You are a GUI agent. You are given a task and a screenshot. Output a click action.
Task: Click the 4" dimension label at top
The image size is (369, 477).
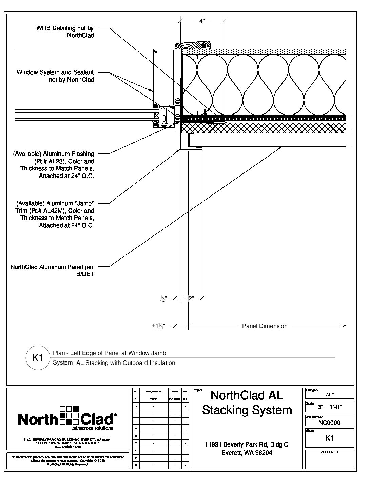click(202, 21)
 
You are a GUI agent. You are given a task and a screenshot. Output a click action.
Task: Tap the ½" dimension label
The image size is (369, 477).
click(163, 299)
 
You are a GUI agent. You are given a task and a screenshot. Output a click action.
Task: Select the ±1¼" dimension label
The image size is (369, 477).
click(158, 326)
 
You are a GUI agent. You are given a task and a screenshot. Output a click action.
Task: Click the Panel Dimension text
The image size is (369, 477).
click(265, 326)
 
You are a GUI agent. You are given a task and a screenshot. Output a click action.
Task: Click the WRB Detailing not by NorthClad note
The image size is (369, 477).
click(65, 32)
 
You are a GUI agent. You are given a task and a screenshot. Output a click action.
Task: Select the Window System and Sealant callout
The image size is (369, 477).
click(55, 76)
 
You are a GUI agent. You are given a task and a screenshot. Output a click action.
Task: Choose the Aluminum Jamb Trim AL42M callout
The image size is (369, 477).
click(55, 214)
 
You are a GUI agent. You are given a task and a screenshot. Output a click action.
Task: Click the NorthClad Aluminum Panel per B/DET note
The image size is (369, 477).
click(52, 270)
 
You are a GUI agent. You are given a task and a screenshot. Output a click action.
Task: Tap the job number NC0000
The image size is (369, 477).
click(329, 423)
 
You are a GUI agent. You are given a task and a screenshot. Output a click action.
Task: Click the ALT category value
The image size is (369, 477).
click(330, 395)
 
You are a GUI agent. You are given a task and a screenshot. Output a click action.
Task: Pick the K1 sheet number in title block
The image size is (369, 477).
click(329, 438)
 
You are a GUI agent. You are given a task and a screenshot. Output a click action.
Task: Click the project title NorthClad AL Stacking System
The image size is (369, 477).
click(247, 402)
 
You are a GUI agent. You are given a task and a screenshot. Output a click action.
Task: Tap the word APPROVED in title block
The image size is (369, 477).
click(329, 452)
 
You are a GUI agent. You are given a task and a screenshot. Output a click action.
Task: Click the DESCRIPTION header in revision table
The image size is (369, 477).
click(153, 391)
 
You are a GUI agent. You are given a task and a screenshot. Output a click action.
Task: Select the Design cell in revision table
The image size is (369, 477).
click(153, 399)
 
